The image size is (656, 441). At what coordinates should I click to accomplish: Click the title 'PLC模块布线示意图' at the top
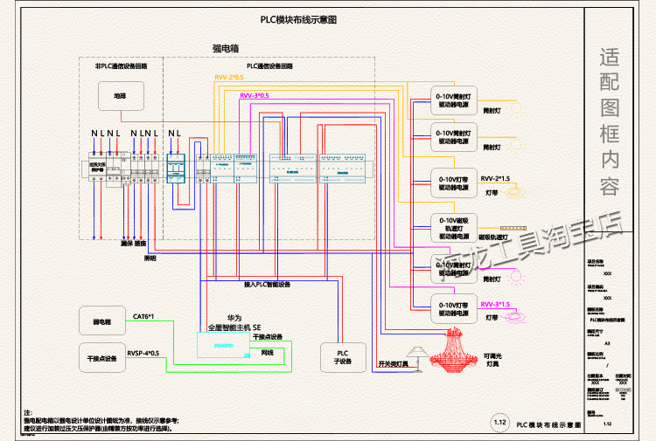[x=298, y=19]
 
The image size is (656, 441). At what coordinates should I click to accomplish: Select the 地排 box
[x=119, y=96]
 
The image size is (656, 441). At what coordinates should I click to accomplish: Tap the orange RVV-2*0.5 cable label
[x=231, y=79]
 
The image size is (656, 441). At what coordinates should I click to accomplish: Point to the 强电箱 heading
[x=226, y=49]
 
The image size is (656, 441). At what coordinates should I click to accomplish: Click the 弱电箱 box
[x=101, y=320]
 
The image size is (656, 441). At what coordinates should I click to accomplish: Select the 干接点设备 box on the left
[x=101, y=358]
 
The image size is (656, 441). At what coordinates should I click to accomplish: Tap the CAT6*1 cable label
[x=144, y=315]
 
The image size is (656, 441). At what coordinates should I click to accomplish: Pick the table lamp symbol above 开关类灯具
[x=415, y=353]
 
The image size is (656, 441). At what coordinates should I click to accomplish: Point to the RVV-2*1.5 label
[x=495, y=178]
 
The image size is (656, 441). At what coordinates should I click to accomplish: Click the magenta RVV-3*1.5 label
[x=495, y=304]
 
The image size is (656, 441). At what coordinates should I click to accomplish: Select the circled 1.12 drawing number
[x=500, y=423]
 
